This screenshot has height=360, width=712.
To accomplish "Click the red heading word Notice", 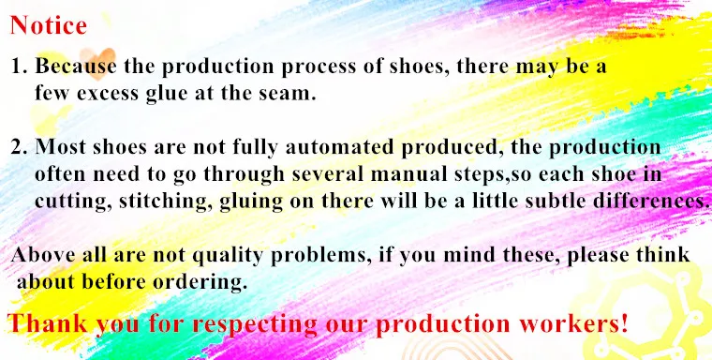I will point(48,25).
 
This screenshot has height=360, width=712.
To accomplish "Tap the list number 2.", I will point(18,148).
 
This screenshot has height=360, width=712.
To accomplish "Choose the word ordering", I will point(207,281).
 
